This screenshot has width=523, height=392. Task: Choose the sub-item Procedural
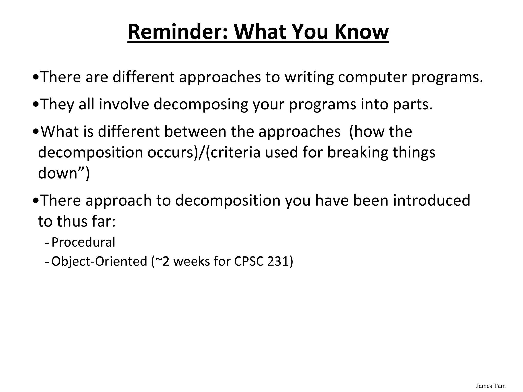point(83,242)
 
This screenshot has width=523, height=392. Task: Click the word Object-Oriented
point(99,261)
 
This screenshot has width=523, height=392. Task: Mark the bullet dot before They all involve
point(36,105)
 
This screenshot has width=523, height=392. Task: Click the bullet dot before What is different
point(36,132)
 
